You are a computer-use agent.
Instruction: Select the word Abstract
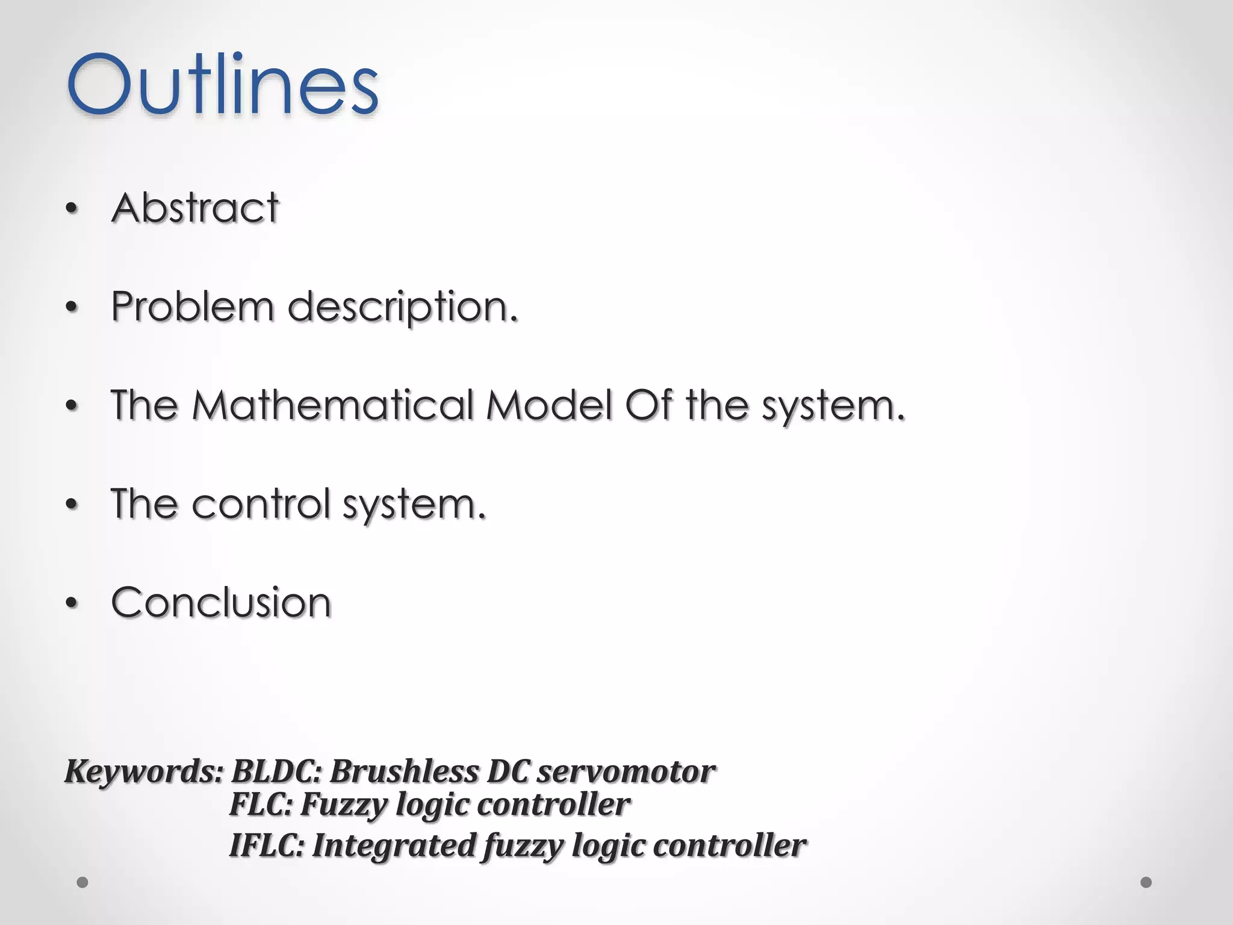[x=195, y=208]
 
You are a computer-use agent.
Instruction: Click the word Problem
[x=192, y=307]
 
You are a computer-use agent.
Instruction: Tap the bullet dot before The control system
[x=72, y=505]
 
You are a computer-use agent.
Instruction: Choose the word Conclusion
[x=221, y=602]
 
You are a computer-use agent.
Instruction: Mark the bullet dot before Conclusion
[x=72, y=603]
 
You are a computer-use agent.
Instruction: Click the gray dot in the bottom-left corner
[x=82, y=883]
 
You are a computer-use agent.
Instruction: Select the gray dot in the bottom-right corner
[x=1146, y=882]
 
